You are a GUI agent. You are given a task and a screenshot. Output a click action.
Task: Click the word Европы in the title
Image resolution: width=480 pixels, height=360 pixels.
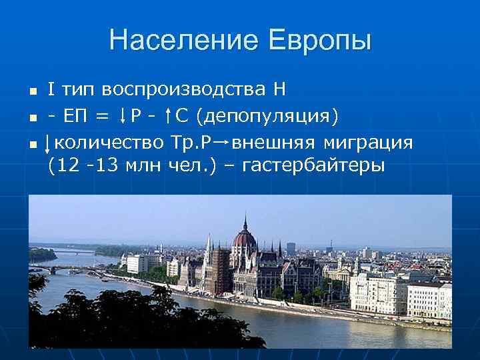pos(321,41)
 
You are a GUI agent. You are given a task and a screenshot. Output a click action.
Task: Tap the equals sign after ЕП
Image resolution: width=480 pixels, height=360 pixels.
pos(101,117)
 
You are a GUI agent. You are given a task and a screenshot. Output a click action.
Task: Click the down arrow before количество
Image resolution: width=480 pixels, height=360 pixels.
pos(47,143)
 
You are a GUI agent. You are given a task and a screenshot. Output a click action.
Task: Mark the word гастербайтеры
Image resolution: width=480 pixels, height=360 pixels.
pos(313,165)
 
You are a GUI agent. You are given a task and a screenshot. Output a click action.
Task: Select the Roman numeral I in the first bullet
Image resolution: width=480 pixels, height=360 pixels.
pos(51,89)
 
